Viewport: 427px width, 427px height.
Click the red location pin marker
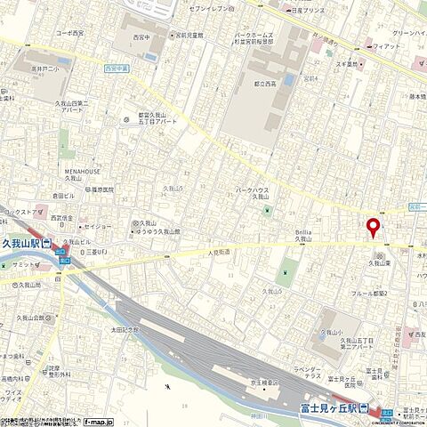pyautogui.click(x=373, y=226)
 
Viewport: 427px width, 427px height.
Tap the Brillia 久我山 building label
pyautogui.click(x=304, y=234)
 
